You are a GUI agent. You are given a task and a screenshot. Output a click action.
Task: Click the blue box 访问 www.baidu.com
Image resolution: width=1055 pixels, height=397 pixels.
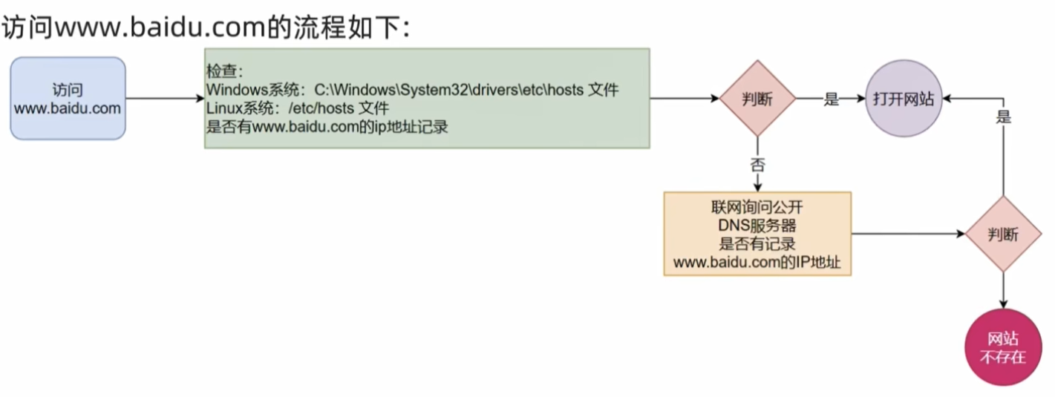pos(68,99)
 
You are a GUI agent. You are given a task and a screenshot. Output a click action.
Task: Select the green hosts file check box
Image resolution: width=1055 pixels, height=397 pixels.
pos(427,99)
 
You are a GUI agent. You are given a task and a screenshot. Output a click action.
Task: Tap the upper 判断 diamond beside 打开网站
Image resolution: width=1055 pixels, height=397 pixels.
pos(757,99)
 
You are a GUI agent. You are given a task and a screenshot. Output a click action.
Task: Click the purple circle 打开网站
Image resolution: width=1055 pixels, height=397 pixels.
pos(903,99)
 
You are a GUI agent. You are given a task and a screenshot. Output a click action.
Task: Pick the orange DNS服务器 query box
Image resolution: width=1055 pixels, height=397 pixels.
pos(757,234)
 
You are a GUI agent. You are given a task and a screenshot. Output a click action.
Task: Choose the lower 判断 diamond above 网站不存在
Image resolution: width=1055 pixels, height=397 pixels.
pos(1003,234)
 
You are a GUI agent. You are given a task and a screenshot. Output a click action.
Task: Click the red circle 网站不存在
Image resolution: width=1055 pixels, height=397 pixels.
pos(1003,347)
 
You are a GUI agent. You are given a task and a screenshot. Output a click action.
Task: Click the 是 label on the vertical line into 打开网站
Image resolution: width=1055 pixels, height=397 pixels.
pos(1004,117)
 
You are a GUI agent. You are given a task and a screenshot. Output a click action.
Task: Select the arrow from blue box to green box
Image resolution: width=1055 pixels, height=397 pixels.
pos(165,99)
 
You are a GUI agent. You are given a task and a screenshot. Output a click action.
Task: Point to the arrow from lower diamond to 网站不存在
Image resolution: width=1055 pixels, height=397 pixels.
pos(1003,290)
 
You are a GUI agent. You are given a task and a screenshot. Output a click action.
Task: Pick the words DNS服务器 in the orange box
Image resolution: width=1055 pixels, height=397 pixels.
pos(757,226)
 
